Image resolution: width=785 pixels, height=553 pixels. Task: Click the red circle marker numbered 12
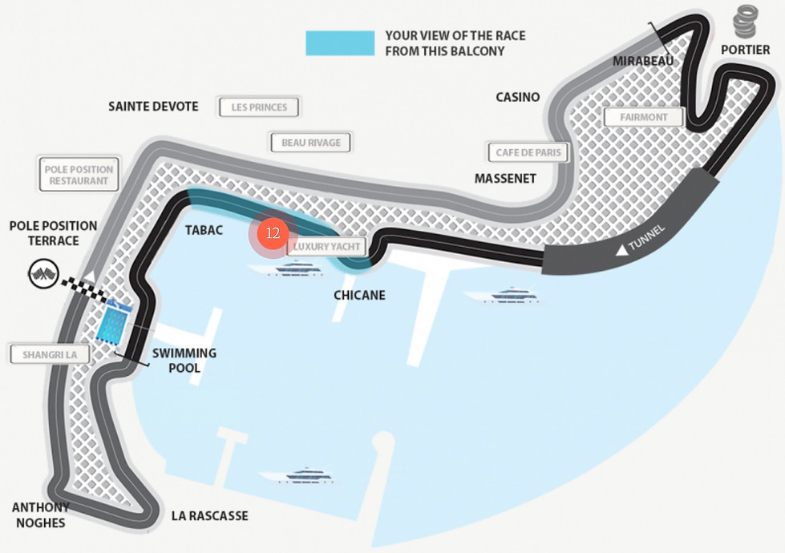point(273,233)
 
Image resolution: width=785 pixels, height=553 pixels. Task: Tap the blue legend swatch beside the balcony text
point(340,43)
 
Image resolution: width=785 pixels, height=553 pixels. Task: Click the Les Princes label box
point(259,107)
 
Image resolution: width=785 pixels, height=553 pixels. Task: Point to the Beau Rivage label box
point(311,143)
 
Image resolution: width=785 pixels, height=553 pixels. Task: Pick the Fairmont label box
point(643,117)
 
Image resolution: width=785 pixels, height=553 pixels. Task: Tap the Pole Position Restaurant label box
point(79,175)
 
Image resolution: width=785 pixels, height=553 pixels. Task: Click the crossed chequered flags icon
point(43,275)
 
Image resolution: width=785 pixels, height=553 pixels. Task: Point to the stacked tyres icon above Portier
point(745,22)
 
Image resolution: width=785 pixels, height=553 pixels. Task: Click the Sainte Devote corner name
point(153,107)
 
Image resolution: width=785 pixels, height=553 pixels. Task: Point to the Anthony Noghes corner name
point(40,515)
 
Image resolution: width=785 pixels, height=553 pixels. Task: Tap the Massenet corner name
point(505,178)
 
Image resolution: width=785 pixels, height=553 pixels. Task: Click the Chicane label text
point(359,295)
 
